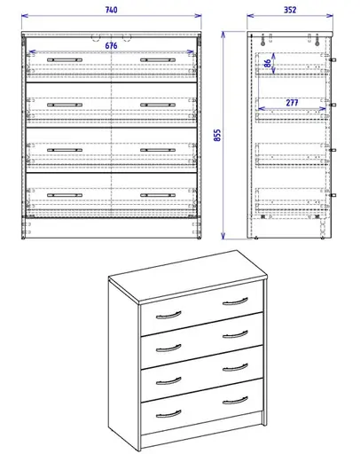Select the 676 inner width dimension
112,44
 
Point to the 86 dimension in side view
267,64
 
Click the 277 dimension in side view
292,103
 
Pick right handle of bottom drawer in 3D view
236,399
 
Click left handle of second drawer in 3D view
168,347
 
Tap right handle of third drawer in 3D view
236,367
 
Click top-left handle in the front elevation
64,59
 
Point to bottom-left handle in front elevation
64,193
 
